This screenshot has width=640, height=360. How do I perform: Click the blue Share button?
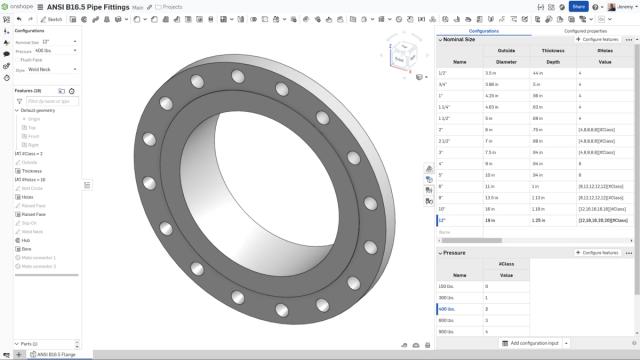579,6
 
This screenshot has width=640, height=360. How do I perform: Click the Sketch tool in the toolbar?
52,19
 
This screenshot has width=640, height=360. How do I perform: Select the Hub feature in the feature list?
26,241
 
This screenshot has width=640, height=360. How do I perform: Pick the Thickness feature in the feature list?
31,170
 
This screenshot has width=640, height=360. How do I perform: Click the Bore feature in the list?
26,249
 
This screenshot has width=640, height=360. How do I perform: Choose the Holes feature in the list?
28,196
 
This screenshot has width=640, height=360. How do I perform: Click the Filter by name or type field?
50,101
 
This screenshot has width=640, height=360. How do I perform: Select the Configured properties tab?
586,31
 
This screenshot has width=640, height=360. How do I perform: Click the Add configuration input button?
533,343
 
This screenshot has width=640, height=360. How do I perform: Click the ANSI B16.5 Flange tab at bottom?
56,354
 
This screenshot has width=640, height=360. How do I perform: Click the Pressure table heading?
455,253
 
